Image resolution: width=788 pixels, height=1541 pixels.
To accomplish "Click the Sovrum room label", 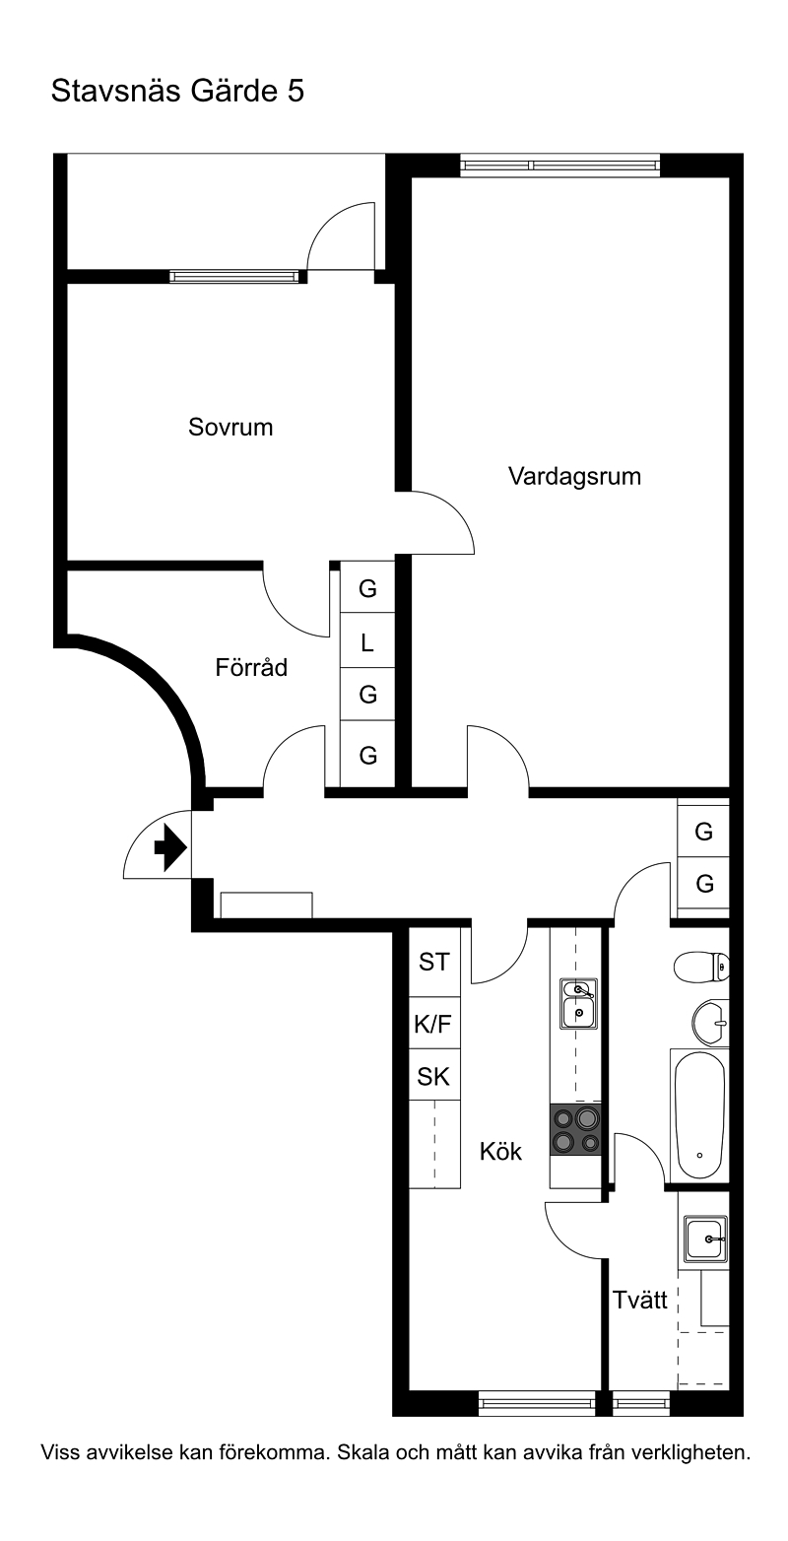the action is (230, 428).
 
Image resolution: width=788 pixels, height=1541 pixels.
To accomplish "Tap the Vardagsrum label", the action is (575, 476).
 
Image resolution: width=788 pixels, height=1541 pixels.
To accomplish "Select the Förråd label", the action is (251, 667).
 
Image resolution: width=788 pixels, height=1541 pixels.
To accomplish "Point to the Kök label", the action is (500, 1151).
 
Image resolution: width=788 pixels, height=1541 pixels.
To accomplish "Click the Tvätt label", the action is (640, 1300).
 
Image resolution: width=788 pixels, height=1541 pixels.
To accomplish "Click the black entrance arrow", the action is (170, 847).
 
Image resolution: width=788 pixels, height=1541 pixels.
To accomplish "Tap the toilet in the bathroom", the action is (701, 966).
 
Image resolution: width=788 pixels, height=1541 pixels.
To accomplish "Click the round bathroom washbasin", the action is (709, 1023).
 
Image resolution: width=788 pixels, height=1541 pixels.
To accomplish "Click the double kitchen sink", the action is (578, 1004).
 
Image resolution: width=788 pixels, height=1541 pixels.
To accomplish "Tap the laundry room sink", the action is (705, 1239).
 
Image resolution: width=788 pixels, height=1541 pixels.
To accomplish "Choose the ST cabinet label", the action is (433, 962).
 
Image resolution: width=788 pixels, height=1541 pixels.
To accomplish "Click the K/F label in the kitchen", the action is (432, 1025).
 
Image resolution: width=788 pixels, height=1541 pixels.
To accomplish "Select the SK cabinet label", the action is (433, 1077).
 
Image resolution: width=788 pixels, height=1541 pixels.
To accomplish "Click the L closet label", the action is (367, 643).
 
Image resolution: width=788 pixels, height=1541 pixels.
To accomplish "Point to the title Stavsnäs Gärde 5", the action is (177, 91).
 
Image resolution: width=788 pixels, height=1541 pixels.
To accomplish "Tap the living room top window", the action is (559, 166).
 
